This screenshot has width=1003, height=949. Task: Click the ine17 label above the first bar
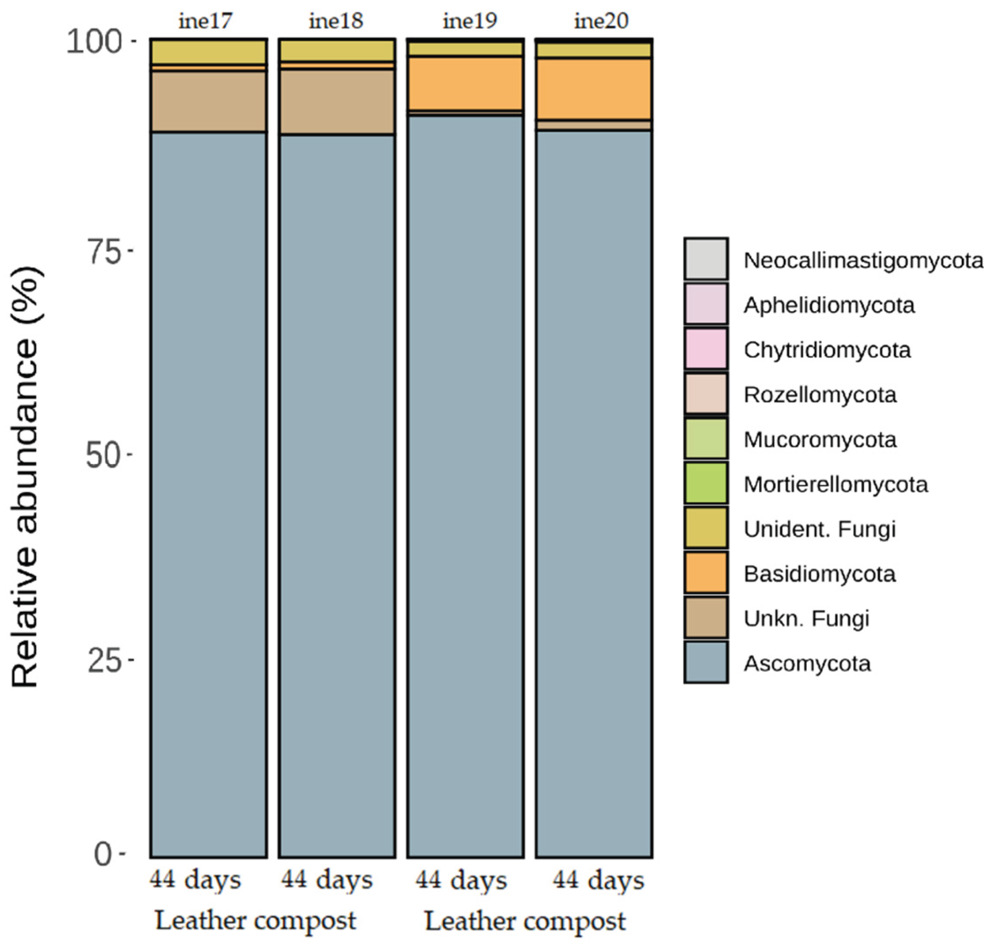click(205, 21)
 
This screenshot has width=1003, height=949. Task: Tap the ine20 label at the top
click(601, 21)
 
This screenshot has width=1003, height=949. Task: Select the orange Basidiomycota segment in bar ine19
click(465, 83)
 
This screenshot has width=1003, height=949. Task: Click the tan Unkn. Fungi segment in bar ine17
click(208, 102)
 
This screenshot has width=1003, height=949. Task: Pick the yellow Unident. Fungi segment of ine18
click(337, 51)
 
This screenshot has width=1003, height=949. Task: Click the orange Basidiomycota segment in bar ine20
click(594, 89)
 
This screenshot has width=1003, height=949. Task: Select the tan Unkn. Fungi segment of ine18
click(337, 102)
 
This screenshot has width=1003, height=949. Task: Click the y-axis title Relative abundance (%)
click(25, 475)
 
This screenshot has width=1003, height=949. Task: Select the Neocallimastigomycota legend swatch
click(706, 259)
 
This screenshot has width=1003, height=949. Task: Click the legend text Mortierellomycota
click(836, 485)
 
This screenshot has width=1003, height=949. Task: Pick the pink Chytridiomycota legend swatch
click(706, 349)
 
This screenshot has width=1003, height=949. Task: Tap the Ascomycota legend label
click(807, 664)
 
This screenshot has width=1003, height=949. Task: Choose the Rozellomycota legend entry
click(819, 394)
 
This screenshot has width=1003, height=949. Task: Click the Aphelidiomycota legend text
click(829, 305)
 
